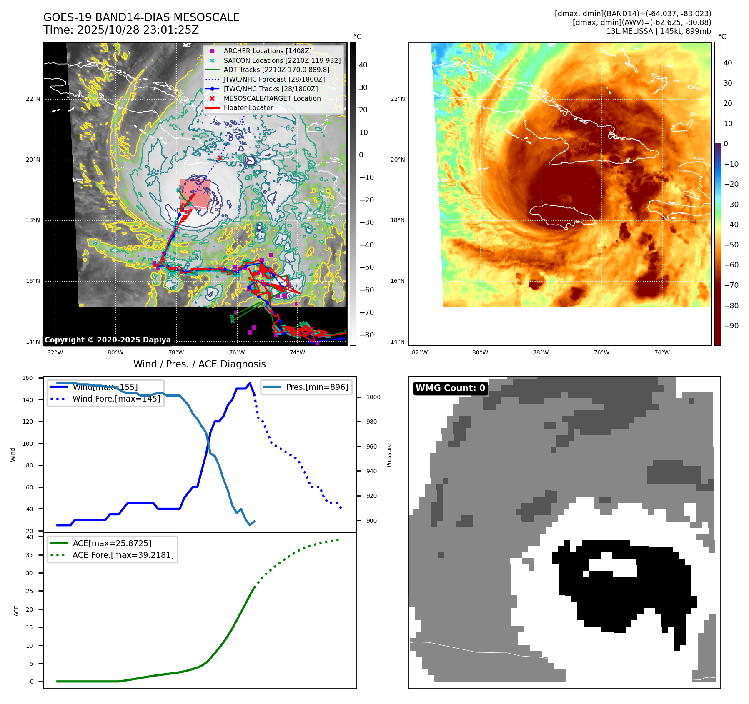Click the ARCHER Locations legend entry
click(x=267, y=51)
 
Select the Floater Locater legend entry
click(x=248, y=107)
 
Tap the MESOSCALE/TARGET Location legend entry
click(x=272, y=98)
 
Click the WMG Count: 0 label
click(x=450, y=388)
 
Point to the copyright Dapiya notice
click(x=108, y=340)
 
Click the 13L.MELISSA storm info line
click(x=659, y=31)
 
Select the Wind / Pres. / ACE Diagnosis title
click(x=199, y=364)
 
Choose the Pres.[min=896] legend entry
click(x=317, y=387)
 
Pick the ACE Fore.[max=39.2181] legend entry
click(x=123, y=555)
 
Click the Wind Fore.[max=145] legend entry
click(x=116, y=399)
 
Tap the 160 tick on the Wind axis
click(x=28, y=378)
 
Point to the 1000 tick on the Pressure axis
click(x=373, y=397)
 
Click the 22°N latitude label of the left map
click(x=33, y=99)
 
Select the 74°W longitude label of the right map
click(x=662, y=353)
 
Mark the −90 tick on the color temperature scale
click(x=731, y=326)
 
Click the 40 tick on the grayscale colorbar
click(x=363, y=65)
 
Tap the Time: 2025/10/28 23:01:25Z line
click(x=121, y=30)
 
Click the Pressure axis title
click(x=389, y=455)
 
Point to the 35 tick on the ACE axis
click(x=29, y=555)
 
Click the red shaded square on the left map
click(x=194, y=193)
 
